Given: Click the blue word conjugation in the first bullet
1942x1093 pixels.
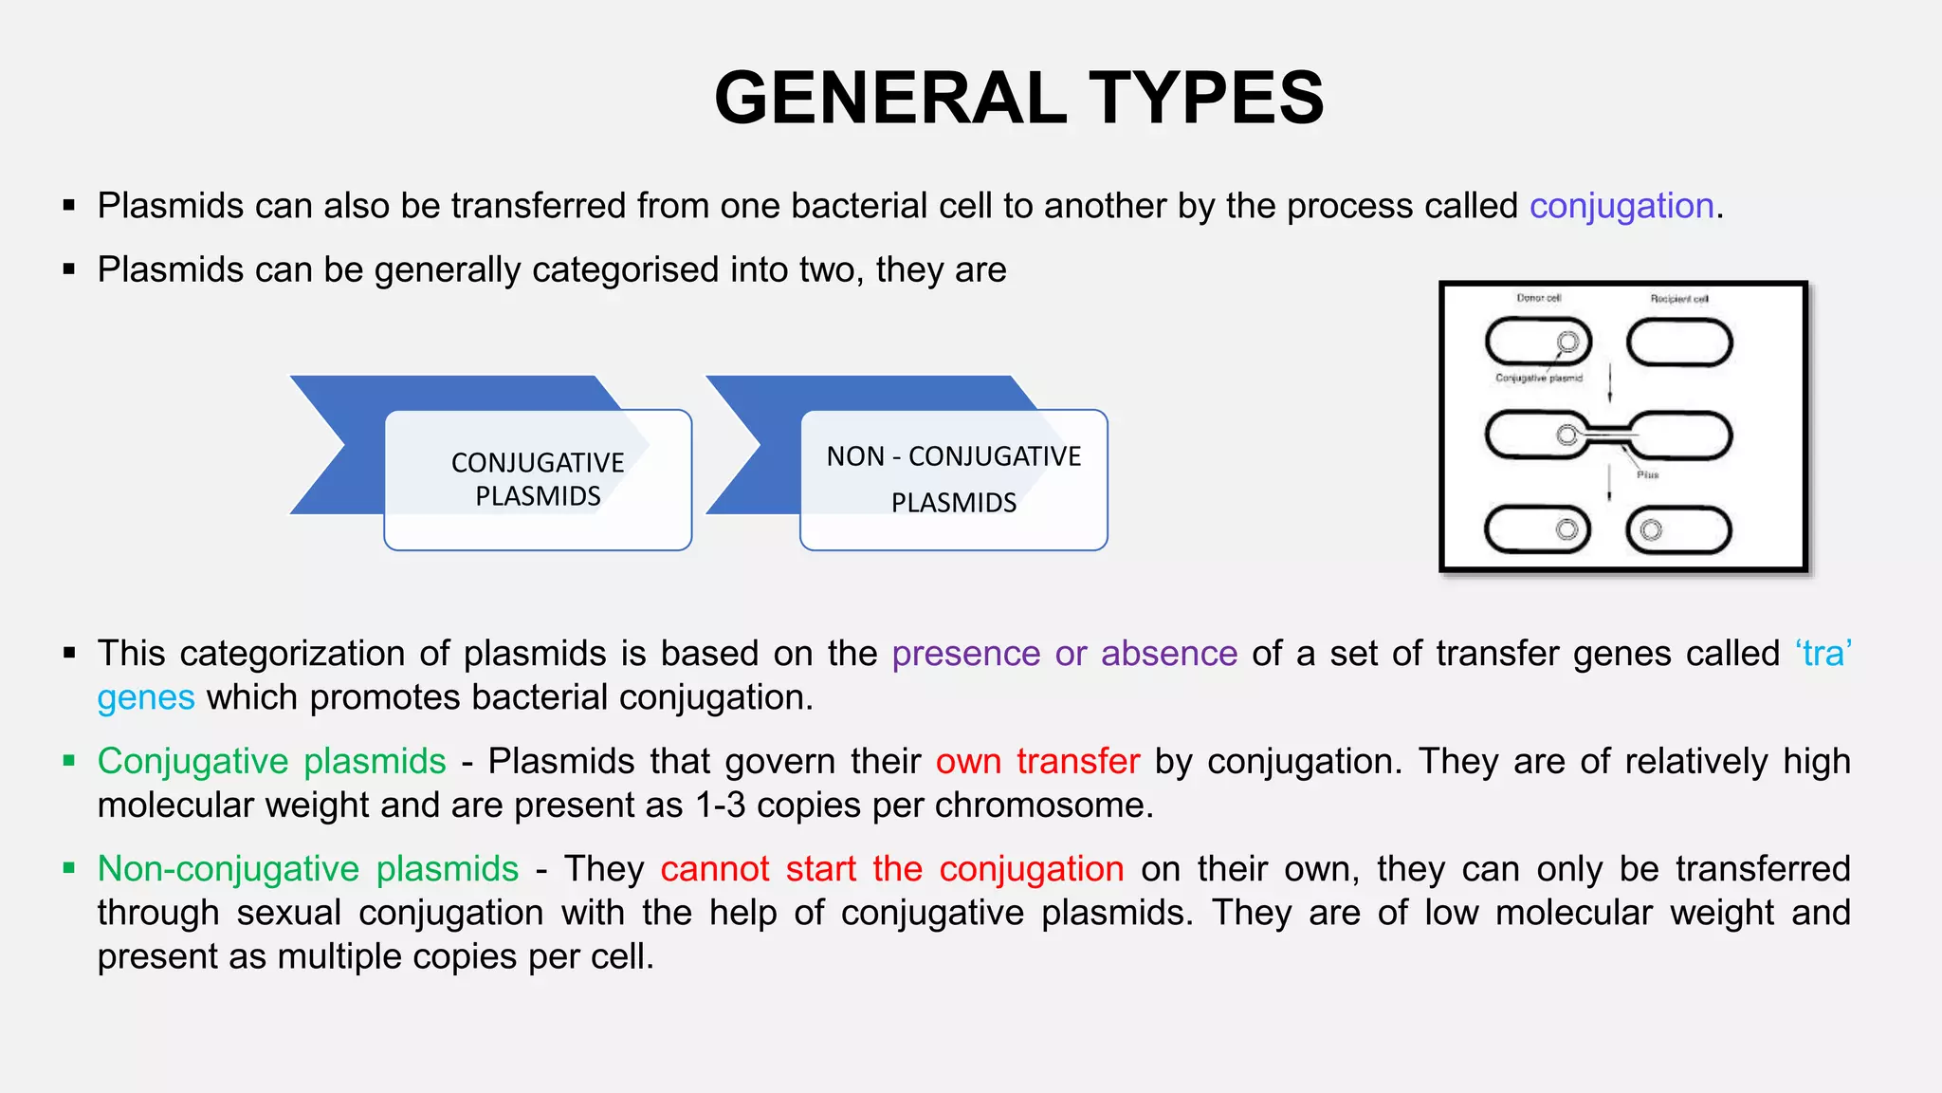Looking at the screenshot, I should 1621,206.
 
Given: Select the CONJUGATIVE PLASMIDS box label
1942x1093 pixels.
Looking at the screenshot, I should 538,479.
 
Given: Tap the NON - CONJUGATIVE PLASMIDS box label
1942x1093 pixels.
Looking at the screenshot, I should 953,478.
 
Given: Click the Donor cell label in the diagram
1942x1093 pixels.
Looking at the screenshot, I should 1538,298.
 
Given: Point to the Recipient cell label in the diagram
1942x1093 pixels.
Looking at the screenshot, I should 1678,299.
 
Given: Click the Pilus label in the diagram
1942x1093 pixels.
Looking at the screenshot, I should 1647,474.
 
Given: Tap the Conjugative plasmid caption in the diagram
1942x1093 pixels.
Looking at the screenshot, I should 1538,378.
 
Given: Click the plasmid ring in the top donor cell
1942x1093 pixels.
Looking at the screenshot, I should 1567,342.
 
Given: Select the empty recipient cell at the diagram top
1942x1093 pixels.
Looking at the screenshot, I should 1679,343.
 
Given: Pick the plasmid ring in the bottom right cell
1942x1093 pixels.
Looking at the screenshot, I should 1651,529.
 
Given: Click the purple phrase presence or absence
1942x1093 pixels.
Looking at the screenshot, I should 1064,654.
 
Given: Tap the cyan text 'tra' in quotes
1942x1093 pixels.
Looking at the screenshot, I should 1823,654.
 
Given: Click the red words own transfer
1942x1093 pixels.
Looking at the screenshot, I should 1037,762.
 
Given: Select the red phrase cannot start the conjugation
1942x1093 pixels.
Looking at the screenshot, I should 891,869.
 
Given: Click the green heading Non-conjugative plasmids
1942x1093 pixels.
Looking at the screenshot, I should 308,869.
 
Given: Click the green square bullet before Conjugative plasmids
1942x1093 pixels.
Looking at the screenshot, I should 68,761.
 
